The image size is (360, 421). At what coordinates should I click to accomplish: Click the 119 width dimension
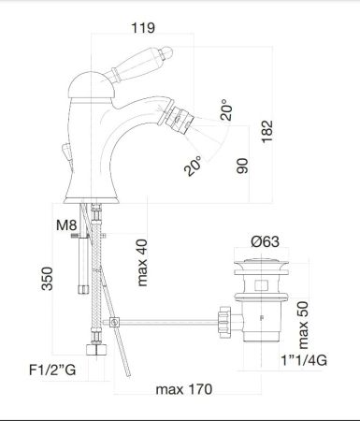pyautogui.click(x=141, y=27)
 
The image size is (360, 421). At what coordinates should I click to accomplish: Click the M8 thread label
pyautogui.click(x=65, y=225)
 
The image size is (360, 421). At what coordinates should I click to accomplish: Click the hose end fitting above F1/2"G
pyautogui.click(x=93, y=351)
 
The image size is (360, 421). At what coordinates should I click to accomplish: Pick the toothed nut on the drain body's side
pyautogui.click(x=223, y=324)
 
